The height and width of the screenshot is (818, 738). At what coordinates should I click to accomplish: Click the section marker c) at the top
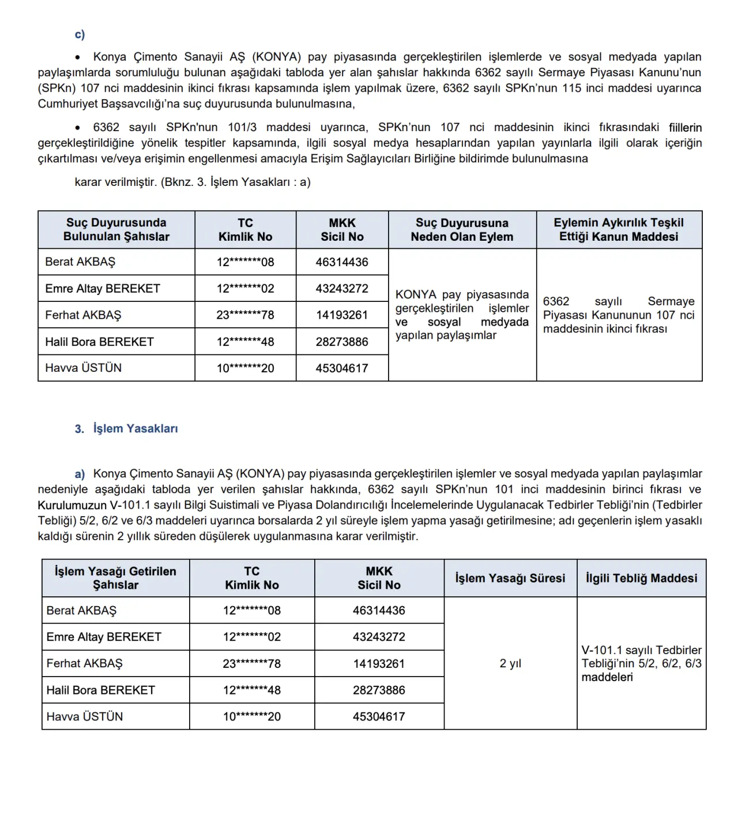[80, 35]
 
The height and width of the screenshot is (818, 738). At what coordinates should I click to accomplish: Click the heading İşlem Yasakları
[135, 429]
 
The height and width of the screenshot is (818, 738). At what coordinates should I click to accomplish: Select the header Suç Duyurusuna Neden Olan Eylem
[462, 230]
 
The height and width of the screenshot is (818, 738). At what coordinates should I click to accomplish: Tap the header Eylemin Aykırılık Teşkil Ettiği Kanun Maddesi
[619, 230]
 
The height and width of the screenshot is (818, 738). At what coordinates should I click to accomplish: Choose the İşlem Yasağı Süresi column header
[510, 578]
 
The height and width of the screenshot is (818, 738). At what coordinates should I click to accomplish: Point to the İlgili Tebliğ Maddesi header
[641, 578]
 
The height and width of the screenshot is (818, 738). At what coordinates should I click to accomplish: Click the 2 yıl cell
[510, 664]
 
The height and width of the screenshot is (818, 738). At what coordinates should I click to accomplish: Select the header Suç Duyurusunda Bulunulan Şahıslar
[116, 230]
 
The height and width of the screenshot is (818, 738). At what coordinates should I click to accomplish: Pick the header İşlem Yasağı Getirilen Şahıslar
[115, 578]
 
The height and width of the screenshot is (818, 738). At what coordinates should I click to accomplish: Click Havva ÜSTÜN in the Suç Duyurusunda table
[84, 368]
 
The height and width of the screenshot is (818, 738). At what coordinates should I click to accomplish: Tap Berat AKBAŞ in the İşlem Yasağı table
[81, 611]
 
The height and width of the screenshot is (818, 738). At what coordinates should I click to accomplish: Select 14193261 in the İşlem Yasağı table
[379, 664]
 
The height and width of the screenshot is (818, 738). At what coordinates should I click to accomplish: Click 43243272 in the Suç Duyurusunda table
[342, 289]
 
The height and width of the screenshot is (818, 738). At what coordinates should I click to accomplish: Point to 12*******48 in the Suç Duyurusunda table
[245, 342]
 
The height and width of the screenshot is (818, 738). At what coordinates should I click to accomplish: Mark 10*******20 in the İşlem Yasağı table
[252, 717]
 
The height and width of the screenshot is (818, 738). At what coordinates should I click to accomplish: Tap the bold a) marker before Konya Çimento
[80, 475]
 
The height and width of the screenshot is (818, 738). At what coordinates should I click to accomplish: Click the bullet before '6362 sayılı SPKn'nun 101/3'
[78, 128]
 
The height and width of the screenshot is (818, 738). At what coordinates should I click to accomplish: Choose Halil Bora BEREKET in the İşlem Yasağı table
[101, 690]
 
